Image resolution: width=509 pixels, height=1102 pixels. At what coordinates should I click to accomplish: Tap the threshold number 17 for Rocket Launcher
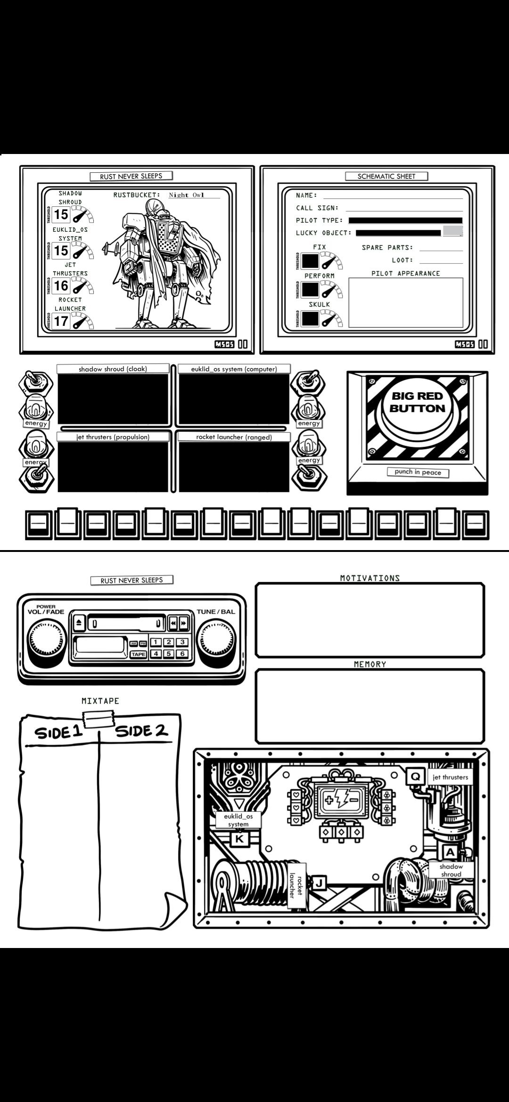[61, 322]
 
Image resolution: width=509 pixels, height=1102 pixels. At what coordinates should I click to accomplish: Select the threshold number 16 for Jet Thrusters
[61, 286]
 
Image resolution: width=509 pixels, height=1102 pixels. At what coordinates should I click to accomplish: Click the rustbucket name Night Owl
[187, 195]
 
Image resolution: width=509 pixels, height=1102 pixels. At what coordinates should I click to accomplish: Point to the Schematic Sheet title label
[386, 176]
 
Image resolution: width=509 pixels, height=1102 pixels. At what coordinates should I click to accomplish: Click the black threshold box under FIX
[310, 261]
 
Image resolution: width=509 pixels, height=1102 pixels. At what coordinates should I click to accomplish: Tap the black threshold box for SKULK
[310, 319]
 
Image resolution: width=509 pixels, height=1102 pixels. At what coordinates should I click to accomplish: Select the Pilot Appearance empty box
[405, 302]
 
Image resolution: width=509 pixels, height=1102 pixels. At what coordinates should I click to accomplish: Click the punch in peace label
[418, 472]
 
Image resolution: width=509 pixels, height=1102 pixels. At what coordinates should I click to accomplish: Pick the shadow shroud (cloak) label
[113, 369]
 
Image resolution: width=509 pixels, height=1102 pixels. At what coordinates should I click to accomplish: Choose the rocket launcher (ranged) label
[234, 437]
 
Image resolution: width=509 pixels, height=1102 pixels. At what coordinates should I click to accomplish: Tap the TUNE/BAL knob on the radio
[216, 640]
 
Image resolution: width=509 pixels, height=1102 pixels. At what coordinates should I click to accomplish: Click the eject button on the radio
[79, 623]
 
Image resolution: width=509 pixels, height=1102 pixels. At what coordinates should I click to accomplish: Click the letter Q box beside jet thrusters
[415, 776]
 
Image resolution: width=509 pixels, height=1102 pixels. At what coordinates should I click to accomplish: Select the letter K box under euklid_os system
[239, 839]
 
